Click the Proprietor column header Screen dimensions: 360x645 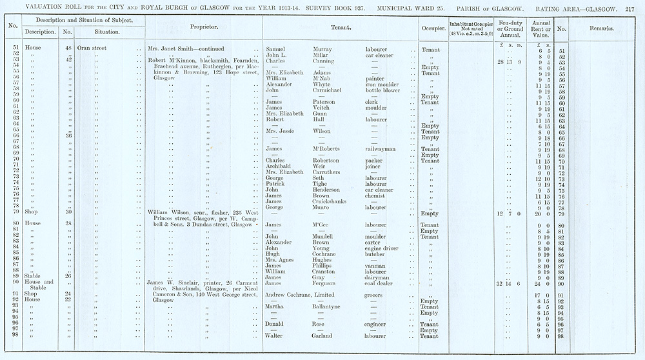click(203, 28)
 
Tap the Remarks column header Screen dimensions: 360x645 click(601, 29)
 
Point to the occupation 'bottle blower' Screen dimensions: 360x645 click(383, 90)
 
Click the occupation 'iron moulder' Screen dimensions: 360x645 click(382, 85)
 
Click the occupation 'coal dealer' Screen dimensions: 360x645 click(381, 283)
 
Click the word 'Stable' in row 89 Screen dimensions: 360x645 click(34, 277)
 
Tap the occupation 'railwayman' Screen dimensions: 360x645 click(381, 149)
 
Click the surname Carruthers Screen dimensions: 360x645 click(329, 172)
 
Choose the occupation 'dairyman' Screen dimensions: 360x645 click(379, 277)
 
